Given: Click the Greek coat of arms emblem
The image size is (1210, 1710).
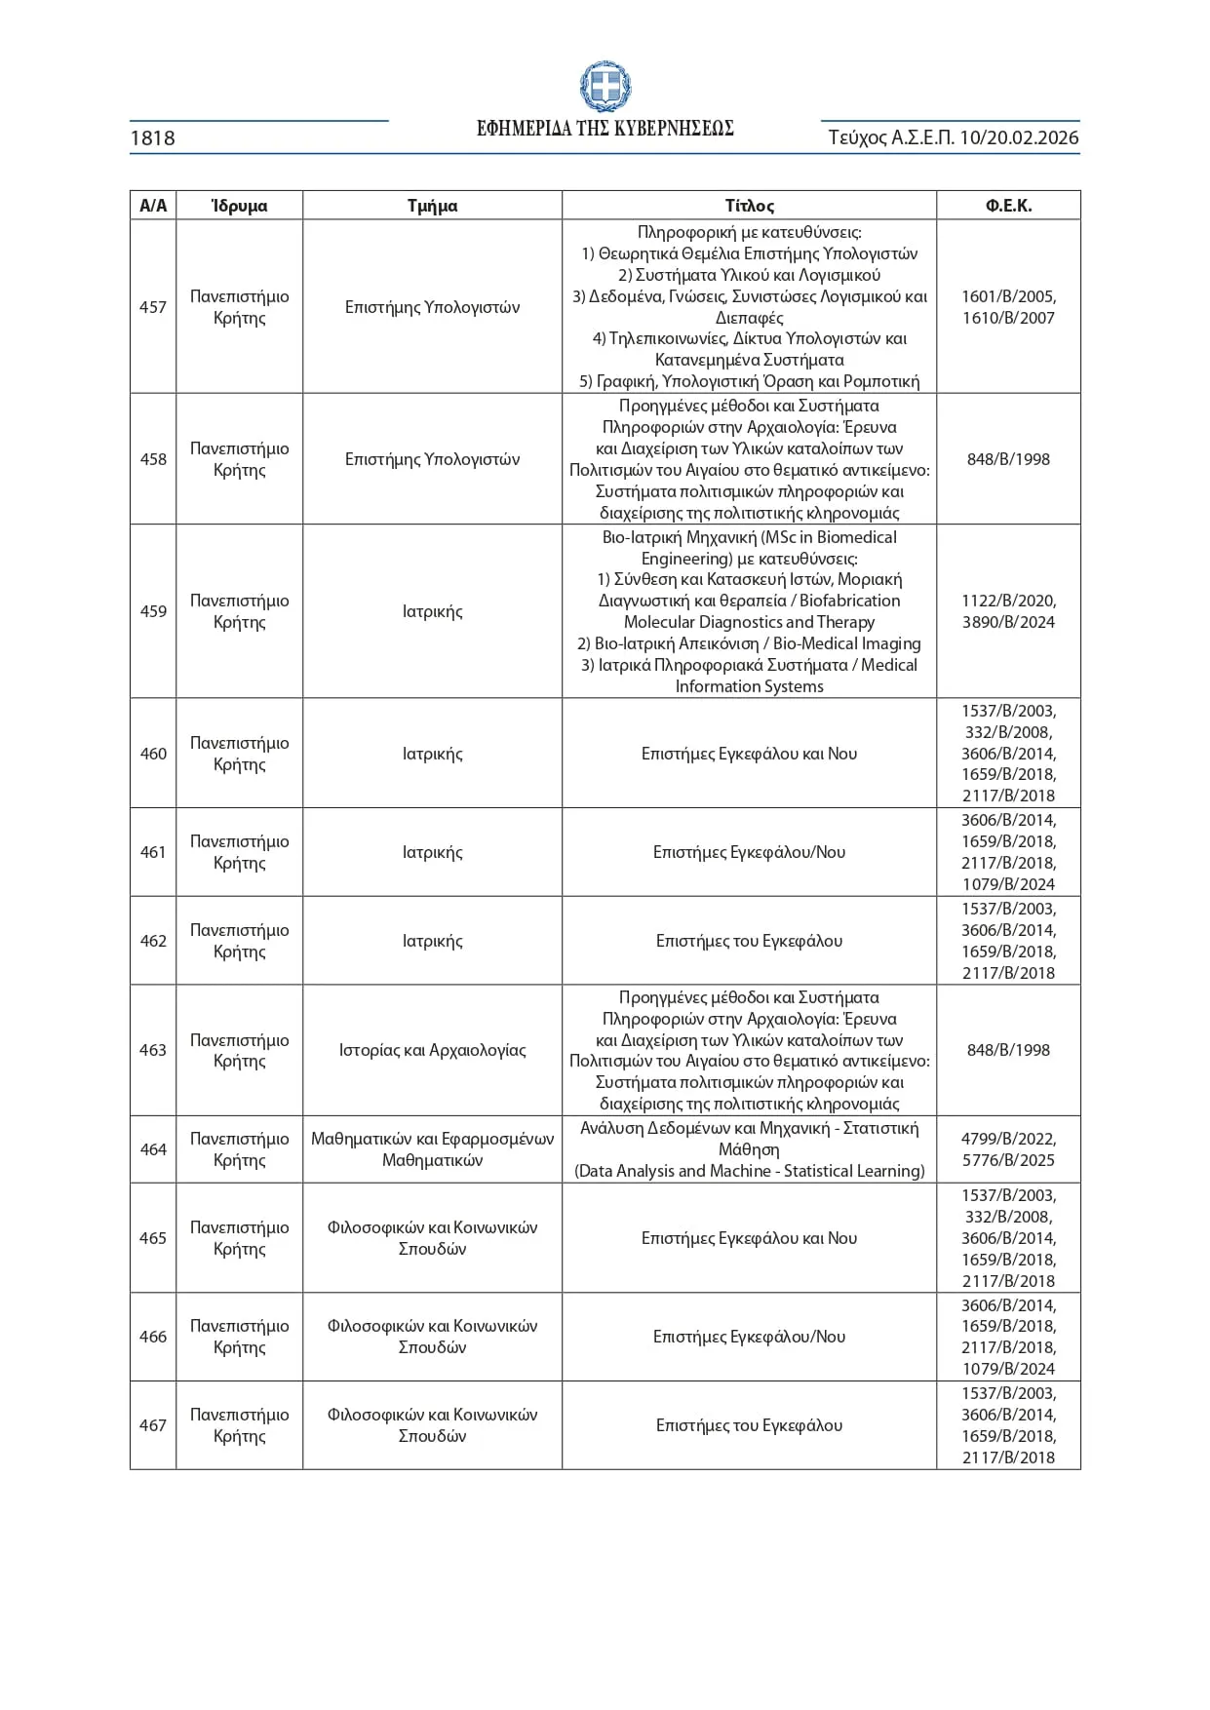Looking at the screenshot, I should pyautogui.click(x=605, y=87).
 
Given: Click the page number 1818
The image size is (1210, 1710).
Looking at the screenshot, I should pyautogui.click(x=153, y=138).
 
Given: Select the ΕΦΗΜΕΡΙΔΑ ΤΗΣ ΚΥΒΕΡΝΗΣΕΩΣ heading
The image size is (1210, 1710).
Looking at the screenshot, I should pyautogui.click(x=605, y=129).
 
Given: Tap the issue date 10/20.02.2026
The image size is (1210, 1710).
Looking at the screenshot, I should pyautogui.click(x=1019, y=137).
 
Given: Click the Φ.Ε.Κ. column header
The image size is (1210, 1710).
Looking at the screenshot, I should pyautogui.click(x=1008, y=206).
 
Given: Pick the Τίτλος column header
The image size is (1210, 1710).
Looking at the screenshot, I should pyautogui.click(x=749, y=206).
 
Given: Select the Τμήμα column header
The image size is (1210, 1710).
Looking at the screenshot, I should pyautogui.click(x=432, y=206).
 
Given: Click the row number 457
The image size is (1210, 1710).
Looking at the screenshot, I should pyautogui.click(x=153, y=307).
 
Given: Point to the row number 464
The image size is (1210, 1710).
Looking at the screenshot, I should pyautogui.click(x=153, y=1149).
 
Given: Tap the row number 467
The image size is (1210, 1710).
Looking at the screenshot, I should pyautogui.click(x=153, y=1425).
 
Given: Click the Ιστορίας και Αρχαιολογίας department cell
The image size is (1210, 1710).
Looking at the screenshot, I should pyautogui.click(x=432, y=1050).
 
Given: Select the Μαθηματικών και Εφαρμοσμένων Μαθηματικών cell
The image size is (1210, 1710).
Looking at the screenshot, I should pyautogui.click(x=432, y=1149).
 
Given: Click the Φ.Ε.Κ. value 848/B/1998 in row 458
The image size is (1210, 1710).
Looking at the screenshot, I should pyautogui.click(x=1008, y=459).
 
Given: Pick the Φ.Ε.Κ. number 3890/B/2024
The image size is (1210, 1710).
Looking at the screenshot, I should pyautogui.click(x=1008, y=622).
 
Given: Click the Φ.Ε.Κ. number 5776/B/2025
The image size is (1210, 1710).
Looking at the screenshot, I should pyautogui.click(x=1008, y=1160).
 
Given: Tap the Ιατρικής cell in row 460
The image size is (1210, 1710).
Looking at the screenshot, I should pyautogui.click(x=432, y=754).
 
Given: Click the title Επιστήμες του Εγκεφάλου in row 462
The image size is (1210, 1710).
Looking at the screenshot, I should pyautogui.click(x=749, y=941).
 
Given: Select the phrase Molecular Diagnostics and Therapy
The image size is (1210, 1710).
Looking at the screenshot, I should pyautogui.click(x=749, y=622).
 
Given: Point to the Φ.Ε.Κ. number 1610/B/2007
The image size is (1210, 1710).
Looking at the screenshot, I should pyautogui.click(x=1008, y=318).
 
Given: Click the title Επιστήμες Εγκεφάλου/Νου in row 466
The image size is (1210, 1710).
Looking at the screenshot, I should pyautogui.click(x=749, y=1337).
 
